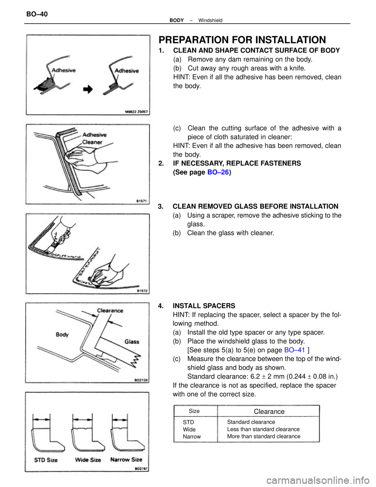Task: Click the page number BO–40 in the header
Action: click(37, 14)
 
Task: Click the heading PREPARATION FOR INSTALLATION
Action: click(242, 40)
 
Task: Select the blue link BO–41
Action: click(294, 350)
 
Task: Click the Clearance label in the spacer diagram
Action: click(110, 310)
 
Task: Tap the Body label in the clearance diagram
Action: click(62, 334)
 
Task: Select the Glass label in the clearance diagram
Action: click(132, 342)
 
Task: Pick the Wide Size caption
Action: click(88, 460)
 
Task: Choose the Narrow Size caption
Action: click(126, 460)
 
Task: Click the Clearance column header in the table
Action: click(269, 411)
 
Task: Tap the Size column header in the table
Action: click(194, 411)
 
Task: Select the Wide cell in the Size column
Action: click(189, 429)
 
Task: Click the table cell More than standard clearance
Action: click(264, 436)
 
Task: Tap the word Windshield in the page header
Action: click(210, 20)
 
